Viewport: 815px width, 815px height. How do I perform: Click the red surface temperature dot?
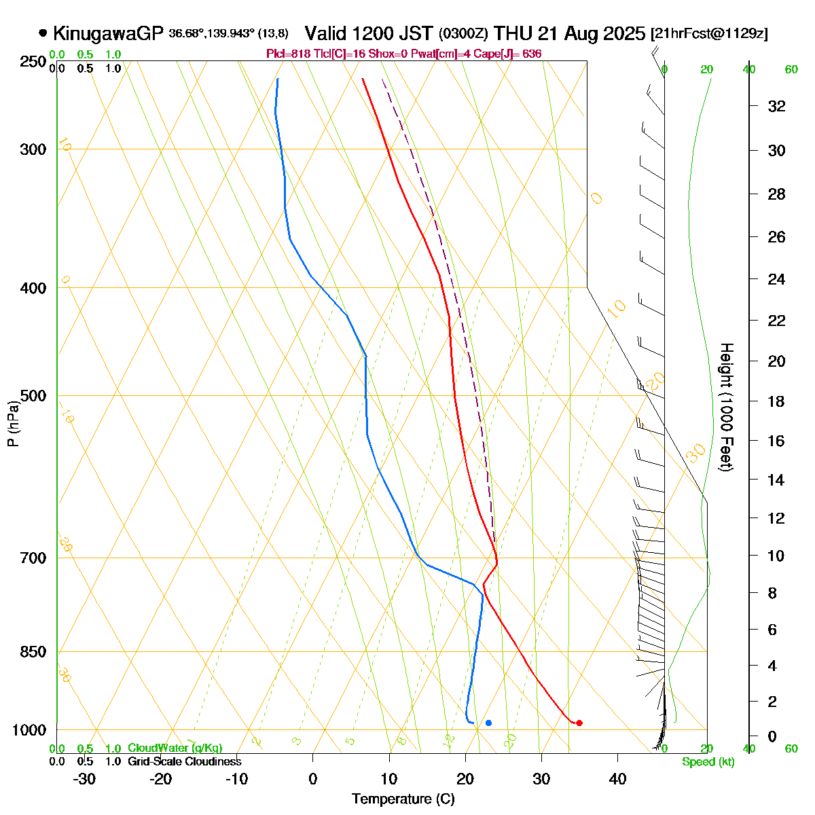tap(579, 723)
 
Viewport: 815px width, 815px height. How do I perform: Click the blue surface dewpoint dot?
tap(488, 723)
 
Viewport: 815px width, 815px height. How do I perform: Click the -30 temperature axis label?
tap(84, 779)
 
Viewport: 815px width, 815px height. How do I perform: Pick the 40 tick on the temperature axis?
tap(617, 779)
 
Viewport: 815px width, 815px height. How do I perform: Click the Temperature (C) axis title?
tap(403, 799)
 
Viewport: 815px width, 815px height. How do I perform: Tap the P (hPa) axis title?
tap(13, 424)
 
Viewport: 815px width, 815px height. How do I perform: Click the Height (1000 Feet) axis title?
tap(726, 407)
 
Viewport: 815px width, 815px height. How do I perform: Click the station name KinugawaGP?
tap(108, 33)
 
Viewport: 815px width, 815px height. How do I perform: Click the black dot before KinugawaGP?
tap(43, 33)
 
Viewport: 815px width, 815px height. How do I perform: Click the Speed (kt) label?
tap(708, 762)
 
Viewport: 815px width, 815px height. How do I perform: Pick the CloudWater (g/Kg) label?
tap(175, 748)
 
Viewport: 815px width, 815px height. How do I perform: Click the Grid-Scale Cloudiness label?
tap(184, 761)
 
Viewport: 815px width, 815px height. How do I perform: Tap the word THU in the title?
tap(513, 33)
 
